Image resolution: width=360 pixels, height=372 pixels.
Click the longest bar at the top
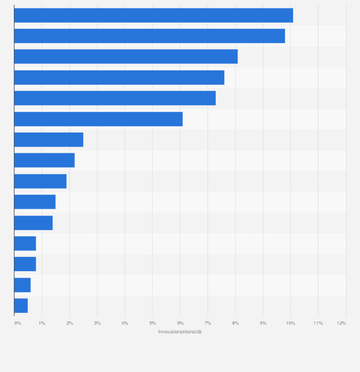(x=153, y=15)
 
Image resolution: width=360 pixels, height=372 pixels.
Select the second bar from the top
(x=149, y=36)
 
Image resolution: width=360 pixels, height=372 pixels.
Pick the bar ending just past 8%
(x=126, y=56)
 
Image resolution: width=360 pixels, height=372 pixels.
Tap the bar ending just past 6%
(x=98, y=119)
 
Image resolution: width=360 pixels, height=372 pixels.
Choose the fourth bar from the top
(x=119, y=77)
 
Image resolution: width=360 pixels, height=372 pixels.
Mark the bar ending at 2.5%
(x=49, y=139)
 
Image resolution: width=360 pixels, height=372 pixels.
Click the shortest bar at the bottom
(x=21, y=306)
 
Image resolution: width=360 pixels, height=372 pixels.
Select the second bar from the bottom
(x=22, y=285)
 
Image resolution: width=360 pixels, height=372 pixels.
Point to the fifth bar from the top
(x=115, y=98)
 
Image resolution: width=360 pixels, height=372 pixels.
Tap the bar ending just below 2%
(x=40, y=181)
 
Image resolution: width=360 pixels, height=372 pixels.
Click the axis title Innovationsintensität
(x=180, y=332)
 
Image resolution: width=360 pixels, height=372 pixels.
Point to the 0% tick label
(x=18, y=323)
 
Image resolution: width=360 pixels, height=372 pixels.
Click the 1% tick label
(x=42, y=323)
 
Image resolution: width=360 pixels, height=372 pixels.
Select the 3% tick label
(x=97, y=323)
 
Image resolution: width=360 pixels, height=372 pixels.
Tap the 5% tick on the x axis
(x=152, y=323)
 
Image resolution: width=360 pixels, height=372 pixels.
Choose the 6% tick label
(x=180, y=323)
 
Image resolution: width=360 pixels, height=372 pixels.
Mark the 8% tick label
(x=235, y=323)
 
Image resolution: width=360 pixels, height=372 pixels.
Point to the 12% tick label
(x=341, y=323)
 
